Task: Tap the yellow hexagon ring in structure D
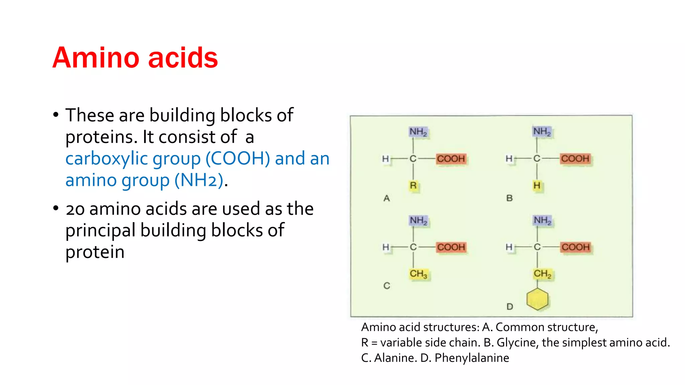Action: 537,299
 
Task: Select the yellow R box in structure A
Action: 413,185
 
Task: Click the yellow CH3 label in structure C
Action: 418,274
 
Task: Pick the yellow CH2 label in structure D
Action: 542,274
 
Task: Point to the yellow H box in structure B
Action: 537,185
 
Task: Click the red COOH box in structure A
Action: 451,159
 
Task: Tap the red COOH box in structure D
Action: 575,247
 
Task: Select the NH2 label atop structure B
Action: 542,132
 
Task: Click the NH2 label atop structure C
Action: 418,221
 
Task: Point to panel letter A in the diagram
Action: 387,199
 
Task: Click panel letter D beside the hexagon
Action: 510,306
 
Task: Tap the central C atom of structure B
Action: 537,158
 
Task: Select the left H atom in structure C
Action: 386,247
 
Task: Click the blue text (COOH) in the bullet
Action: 237,159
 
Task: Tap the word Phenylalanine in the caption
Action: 472,358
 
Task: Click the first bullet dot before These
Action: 56,115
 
